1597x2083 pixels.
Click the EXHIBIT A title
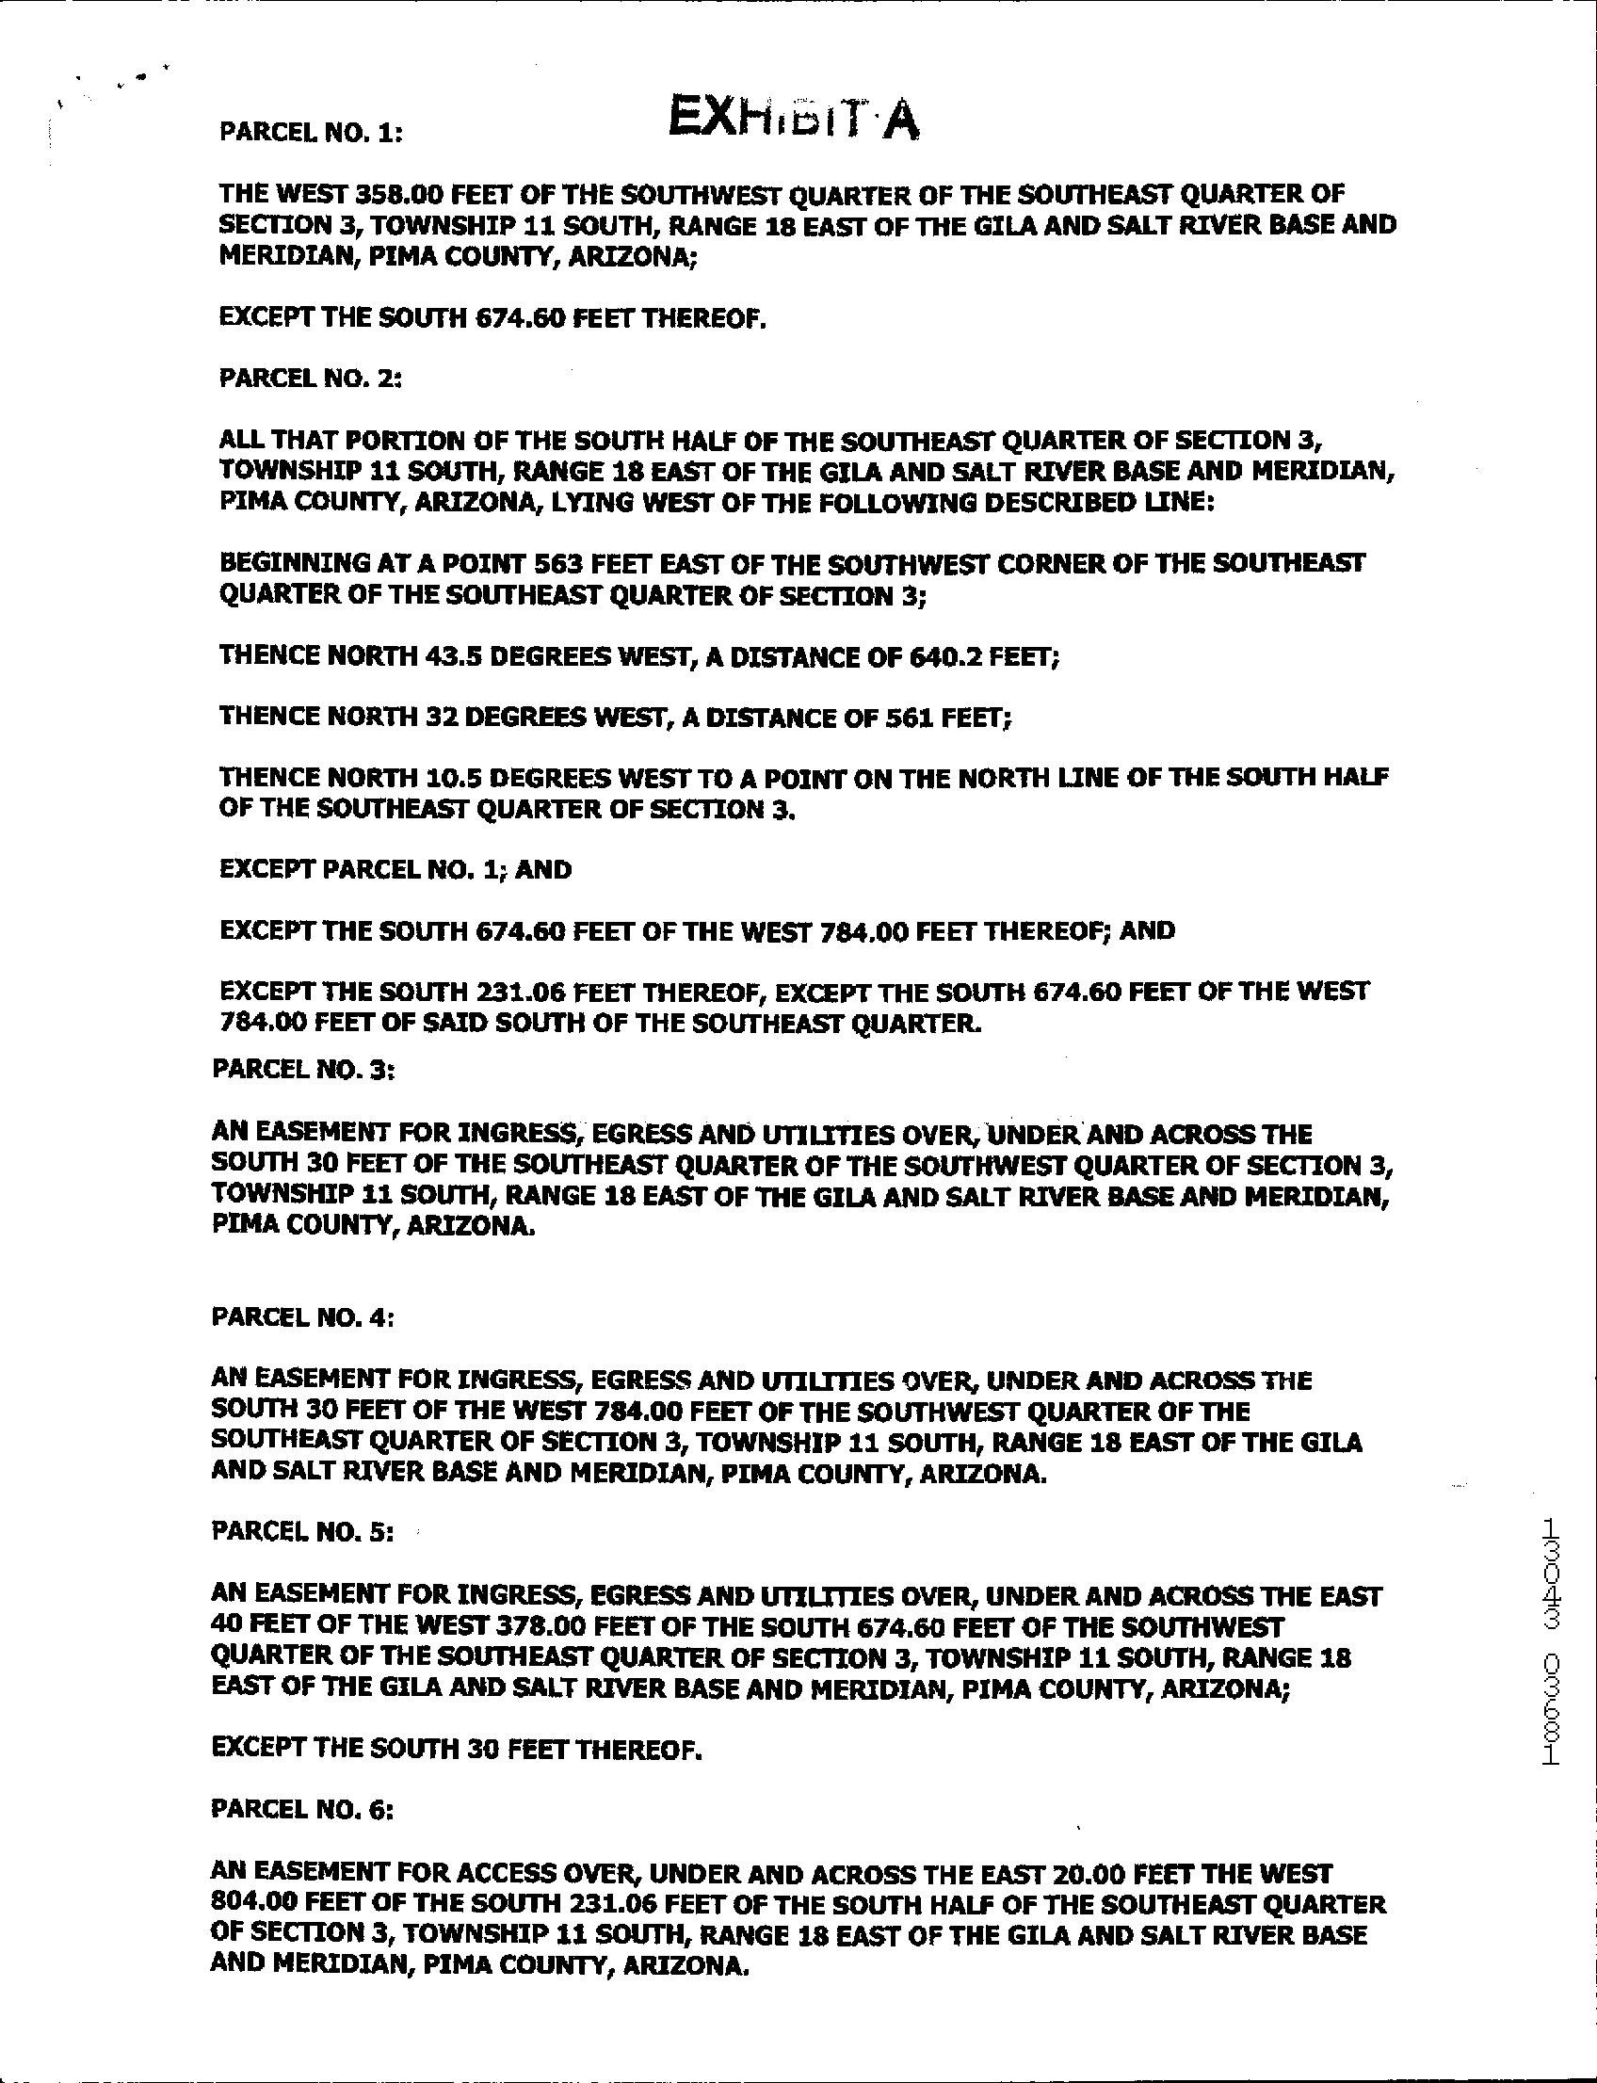pos(793,120)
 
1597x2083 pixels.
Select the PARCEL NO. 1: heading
pos(311,132)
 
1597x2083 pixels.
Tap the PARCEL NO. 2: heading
pos(311,379)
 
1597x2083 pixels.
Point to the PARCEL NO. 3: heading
pos(303,1070)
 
